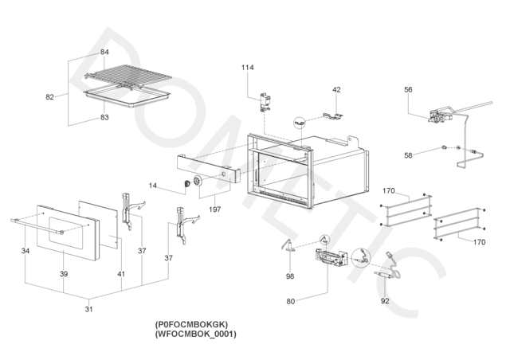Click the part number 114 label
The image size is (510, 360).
click(x=248, y=68)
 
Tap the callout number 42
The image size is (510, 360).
click(x=336, y=89)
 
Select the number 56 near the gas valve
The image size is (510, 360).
click(x=408, y=89)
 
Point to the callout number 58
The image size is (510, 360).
click(x=408, y=155)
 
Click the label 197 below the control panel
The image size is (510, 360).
click(x=214, y=209)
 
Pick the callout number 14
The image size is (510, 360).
click(x=152, y=186)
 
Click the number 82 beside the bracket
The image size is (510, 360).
click(x=49, y=97)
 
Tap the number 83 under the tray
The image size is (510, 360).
click(x=104, y=117)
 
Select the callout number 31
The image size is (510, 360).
click(x=88, y=309)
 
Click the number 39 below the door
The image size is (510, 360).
click(x=64, y=274)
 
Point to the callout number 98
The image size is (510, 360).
click(x=290, y=276)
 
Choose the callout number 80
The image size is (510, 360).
click(x=290, y=302)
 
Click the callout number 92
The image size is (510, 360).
click(x=385, y=301)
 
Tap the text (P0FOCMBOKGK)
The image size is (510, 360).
click(x=191, y=324)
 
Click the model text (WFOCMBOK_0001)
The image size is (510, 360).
click(x=196, y=334)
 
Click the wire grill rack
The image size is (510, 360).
click(x=127, y=77)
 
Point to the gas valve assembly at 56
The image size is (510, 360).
click(x=441, y=115)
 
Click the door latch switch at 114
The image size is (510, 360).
click(x=265, y=102)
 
